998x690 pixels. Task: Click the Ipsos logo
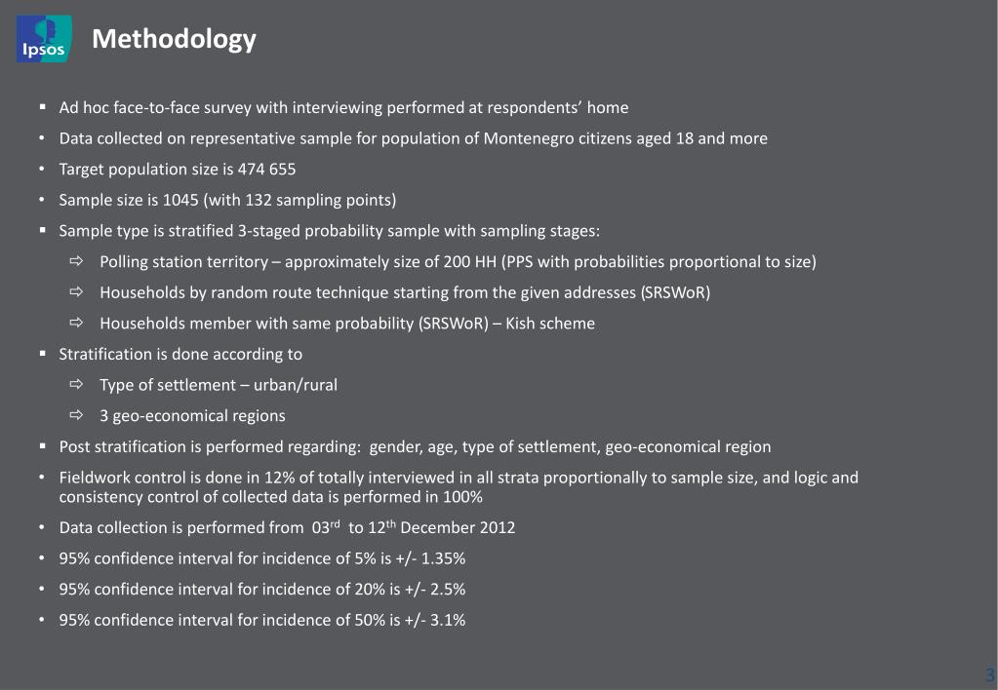click(x=44, y=38)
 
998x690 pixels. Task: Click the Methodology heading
click(x=174, y=39)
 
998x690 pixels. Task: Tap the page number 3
click(x=989, y=674)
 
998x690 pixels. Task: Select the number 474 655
click(x=267, y=170)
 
